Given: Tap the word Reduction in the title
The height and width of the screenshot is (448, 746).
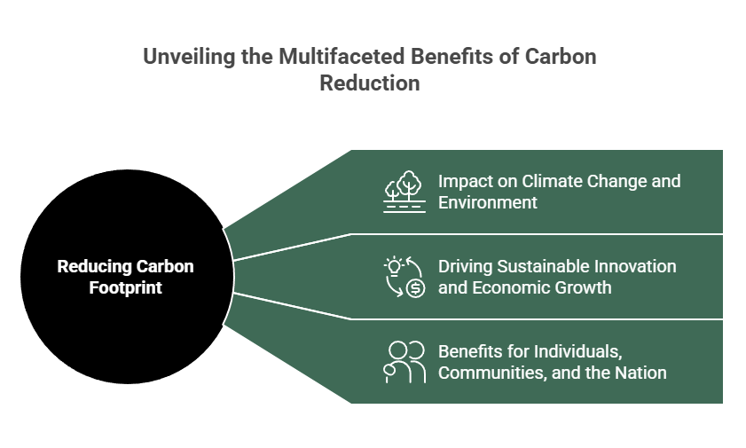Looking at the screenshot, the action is (370, 83).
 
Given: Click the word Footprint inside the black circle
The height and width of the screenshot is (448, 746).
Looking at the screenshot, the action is (126, 287).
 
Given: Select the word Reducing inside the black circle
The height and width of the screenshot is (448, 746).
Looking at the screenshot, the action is (93, 266).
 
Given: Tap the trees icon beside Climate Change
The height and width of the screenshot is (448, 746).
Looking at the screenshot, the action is (404, 192).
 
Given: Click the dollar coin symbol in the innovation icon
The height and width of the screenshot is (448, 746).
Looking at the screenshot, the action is (415, 288).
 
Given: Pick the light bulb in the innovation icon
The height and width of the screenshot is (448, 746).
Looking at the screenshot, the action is (394, 266).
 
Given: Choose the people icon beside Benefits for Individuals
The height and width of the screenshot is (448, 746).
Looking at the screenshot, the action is (404, 362).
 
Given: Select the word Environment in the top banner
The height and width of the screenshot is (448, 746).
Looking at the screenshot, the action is (488, 202).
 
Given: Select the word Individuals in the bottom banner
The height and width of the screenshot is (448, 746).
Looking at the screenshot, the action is (577, 352).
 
